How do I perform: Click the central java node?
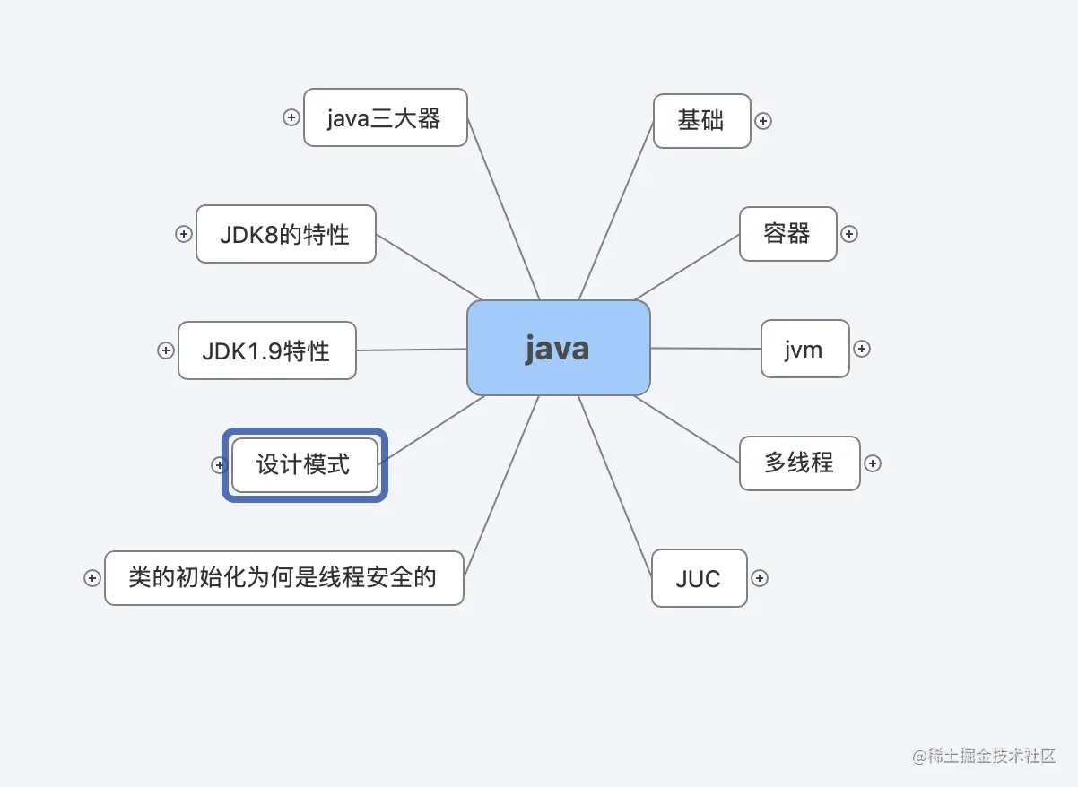click(x=558, y=348)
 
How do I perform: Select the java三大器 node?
click(x=385, y=117)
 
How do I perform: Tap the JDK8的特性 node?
click(x=285, y=234)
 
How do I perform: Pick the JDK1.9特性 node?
click(x=266, y=350)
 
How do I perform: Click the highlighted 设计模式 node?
click(x=304, y=464)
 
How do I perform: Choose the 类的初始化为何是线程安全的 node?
click(x=283, y=578)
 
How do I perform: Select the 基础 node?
click(x=701, y=121)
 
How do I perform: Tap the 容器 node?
click(x=787, y=234)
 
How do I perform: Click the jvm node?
click(x=804, y=349)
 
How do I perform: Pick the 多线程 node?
click(x=799, y=463)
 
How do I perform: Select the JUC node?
click(x=699, y=578)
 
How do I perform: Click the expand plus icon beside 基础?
click(x=763, y=121)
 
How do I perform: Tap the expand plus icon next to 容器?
click(x=849, y=234)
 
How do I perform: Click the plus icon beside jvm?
click(x=862, y=349)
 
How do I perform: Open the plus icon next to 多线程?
click(x=873, y=463)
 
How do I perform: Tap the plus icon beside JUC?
click(x=760, y=578)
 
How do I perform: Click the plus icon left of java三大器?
click(x=291, y=117)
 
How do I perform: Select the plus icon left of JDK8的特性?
click(x=184, y=234)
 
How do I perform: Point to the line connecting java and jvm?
click(x=705, y=349)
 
